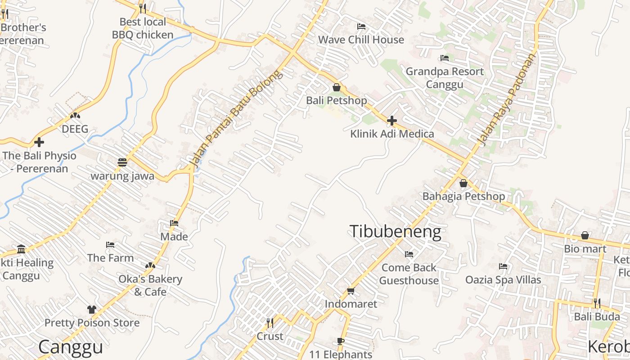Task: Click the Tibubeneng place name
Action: (395, 231)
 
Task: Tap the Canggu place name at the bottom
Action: (71, 347)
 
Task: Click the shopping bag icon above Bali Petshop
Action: (336, 87)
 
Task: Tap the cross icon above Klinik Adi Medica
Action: (392, 121)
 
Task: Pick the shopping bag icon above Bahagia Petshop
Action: (463, 184)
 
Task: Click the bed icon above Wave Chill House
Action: (361, 27)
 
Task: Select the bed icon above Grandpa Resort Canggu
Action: (444, 58)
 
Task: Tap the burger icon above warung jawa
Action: (122, 162)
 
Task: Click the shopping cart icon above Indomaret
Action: (351, 291)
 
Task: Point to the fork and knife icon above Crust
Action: (270, 323)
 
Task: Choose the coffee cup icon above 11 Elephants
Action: (341, 342)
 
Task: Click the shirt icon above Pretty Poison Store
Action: (92, 310)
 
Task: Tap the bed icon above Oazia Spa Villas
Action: (503, 266)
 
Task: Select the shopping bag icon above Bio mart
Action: (585, 235)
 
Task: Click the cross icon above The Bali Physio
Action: (39, 142)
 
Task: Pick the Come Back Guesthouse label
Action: (409, 274)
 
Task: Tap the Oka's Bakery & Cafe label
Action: (150, 285)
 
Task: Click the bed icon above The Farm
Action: (110, 245)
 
